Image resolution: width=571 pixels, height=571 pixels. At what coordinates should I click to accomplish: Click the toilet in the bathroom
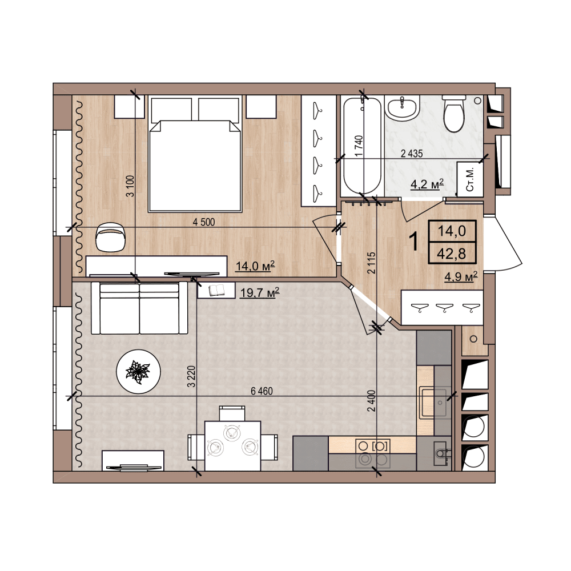[453, 114]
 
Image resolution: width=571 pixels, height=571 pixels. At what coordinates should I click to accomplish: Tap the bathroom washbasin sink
[403, 107]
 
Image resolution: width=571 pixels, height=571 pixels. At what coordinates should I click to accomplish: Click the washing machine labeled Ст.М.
[470, 179]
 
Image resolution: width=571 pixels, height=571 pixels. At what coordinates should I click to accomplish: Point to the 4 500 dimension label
[204, 222]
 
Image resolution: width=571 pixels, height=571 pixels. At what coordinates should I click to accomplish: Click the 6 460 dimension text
[262, 391]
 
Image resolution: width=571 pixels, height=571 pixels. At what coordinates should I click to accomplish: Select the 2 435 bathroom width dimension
[412, 153]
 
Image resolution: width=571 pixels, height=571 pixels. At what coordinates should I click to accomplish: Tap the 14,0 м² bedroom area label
[255, 266]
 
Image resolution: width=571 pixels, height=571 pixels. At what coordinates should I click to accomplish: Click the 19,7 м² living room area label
[260, 292]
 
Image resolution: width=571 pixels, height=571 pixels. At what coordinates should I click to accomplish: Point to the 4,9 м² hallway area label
[461, 277]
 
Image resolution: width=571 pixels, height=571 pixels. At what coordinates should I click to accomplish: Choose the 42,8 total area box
[452, 253]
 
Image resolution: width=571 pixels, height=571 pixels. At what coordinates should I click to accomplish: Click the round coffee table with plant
[138, 372]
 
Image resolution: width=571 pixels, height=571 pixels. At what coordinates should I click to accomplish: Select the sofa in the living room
[139, 308]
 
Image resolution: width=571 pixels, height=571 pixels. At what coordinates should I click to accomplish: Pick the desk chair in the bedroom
[111, 237]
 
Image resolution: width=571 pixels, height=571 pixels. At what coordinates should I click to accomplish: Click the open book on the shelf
[216, 290]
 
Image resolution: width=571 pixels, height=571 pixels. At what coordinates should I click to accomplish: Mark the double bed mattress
[195, 166]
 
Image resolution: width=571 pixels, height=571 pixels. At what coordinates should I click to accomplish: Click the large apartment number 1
[414, 241]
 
